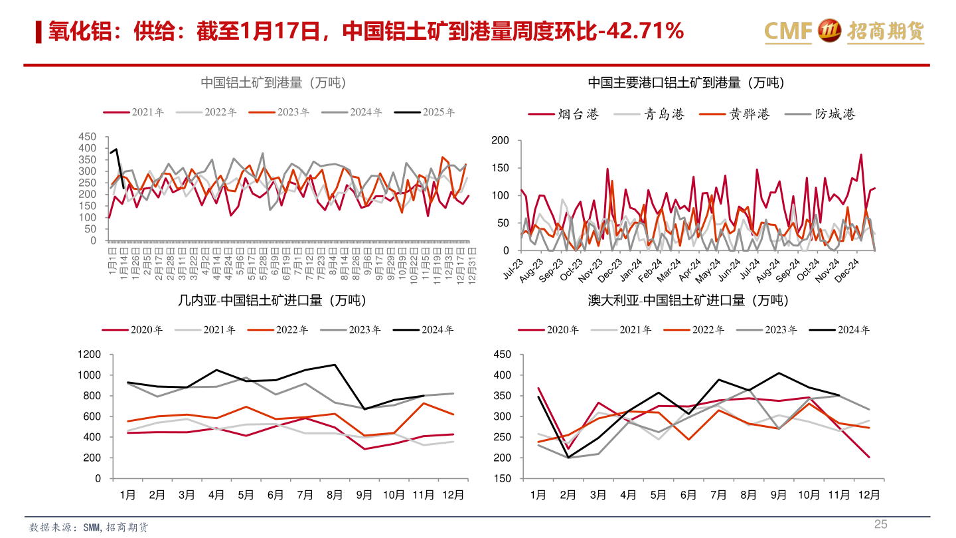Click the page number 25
point(880,525)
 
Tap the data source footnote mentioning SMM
point(89,527)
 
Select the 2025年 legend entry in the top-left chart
point(425,112)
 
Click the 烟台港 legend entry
point(564,114)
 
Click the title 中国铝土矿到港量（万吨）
point(273,83)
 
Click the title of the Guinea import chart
point(272,300)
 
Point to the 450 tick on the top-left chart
point(88,137)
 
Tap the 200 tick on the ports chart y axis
point(500,140)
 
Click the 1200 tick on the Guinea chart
point(88,355)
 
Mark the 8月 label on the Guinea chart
point(335,495)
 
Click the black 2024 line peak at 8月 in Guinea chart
point(335,365)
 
